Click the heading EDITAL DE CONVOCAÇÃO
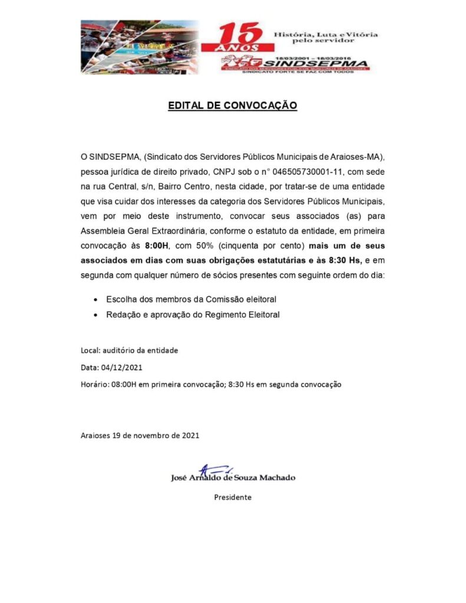tap(233, 106)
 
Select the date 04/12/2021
tap(122, 367)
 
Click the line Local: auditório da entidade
tap(129, 350)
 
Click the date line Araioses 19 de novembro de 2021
tap(140, 436)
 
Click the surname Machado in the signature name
tap(276, 478)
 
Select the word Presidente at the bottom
tap(233, 497)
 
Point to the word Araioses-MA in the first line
tap(361, 157)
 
